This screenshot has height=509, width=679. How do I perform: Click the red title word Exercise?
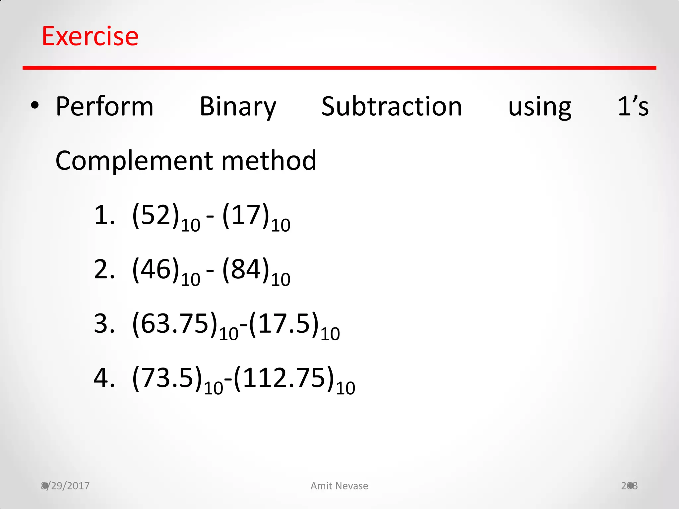[90, 36]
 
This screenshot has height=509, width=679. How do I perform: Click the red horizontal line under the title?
[339, 68]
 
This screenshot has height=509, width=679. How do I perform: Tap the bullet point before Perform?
[35, 106]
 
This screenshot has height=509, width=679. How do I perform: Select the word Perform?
[104, 107]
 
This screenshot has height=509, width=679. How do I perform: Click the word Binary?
[238, 107]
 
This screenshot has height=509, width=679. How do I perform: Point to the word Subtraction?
[392, 107]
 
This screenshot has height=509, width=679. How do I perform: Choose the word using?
[540, 107]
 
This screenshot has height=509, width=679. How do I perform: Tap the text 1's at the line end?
[633, 107]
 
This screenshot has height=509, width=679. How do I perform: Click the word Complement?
[134, 161]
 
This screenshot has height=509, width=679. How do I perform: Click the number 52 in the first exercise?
[156, 215]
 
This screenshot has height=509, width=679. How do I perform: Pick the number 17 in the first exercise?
[246, 215]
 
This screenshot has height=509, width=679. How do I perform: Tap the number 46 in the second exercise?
[156, 269]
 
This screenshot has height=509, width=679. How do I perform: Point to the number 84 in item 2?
[246, 269]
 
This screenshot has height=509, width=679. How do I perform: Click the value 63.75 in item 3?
[175, 323]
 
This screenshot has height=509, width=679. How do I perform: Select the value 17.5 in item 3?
[284, 323]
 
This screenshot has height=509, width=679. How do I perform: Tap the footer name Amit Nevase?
[339, 486]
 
